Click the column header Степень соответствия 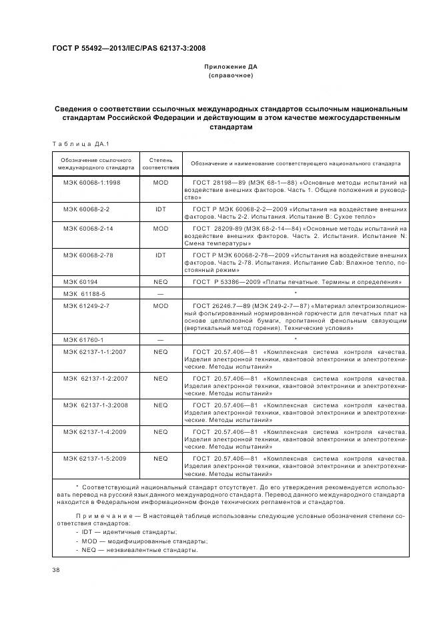160,164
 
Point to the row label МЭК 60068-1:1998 91,182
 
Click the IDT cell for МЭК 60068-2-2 160,209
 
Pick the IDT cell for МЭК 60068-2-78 160,255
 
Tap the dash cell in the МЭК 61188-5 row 160,293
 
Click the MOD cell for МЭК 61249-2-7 160,305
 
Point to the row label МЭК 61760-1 83,340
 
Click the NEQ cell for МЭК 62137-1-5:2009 160,459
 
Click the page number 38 56,570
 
